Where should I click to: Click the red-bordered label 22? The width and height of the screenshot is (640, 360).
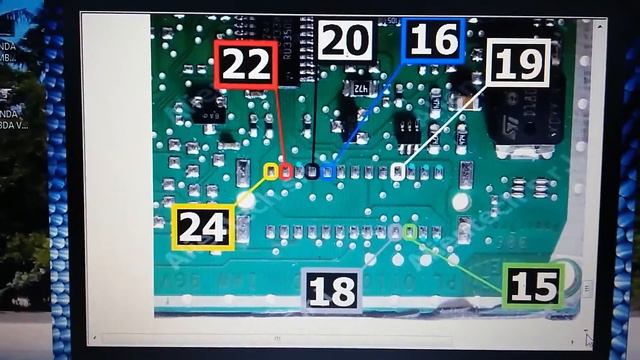tap(245, 65)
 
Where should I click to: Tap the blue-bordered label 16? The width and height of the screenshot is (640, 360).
tap(433, 41)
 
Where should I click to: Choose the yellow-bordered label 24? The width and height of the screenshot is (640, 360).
tap(203, 227)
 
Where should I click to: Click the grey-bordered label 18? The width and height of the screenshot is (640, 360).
tap(332, 291)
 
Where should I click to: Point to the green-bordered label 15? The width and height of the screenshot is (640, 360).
tap(533, 287)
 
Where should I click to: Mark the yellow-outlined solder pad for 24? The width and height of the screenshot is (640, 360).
tap(269, 172)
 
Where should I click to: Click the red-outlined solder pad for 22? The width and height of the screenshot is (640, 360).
tap(286, 172)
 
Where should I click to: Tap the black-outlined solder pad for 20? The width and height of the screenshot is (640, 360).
tap(312, 172)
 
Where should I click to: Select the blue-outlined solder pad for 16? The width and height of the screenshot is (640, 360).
tap(327, 172)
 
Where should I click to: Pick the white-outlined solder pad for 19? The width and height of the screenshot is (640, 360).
tap(397, 172)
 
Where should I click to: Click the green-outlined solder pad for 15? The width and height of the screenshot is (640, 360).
tap(410, 232)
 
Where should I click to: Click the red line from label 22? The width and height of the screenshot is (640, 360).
tap(281, 130)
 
